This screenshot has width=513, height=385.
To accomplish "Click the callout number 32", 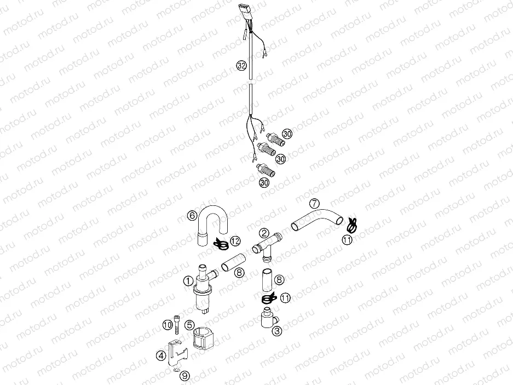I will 241,66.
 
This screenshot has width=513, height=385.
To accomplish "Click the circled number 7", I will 314,203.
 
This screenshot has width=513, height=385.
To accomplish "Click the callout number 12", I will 234,241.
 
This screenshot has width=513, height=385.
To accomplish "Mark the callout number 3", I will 277,331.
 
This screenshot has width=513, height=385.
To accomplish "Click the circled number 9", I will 185,376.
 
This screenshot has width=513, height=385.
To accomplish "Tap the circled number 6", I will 192,216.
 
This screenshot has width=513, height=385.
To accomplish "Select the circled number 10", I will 168,325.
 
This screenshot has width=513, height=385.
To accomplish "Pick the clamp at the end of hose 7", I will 352,223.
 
